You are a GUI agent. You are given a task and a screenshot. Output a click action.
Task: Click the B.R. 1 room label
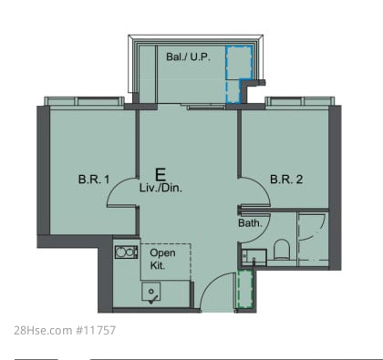(94, 180)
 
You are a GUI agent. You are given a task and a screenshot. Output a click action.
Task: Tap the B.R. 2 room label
(286, 180)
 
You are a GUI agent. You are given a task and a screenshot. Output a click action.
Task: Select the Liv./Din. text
(160, 188)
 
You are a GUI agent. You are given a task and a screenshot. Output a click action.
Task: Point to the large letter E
(160, 175)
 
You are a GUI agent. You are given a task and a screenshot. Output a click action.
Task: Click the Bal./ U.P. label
(189, 57)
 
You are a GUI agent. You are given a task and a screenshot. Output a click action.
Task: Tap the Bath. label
(250, 223)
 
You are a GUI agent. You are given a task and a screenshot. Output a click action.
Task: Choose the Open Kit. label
(162, 259)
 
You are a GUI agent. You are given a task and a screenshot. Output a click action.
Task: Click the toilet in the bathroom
(281, 249)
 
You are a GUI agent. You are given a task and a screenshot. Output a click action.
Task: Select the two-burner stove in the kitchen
(126, 252)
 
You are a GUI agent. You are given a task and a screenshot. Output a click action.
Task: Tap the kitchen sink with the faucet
(150, 292)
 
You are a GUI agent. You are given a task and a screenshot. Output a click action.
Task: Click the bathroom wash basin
(254, 258)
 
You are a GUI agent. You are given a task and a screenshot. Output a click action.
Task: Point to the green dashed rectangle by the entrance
(245, 289)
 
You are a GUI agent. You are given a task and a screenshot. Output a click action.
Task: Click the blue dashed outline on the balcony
(239, 74)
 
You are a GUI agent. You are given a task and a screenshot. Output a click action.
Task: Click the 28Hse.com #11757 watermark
(65, 330)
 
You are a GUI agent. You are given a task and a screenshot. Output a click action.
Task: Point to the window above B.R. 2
(300, 101)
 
